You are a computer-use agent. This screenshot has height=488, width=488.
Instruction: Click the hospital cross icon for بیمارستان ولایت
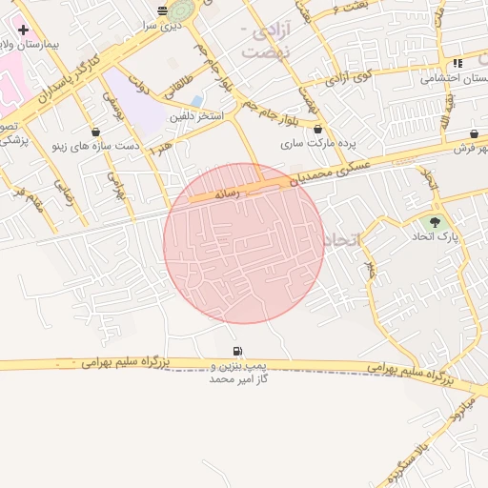(x=23, y=30)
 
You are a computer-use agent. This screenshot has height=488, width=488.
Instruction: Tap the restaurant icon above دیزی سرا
(x=161, y=10)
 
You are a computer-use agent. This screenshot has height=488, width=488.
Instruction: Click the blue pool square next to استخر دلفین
(x=197, y=100)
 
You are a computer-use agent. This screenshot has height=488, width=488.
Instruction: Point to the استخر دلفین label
(x=195, y=116)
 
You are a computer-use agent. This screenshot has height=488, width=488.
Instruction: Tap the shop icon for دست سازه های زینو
(x=95, y=132)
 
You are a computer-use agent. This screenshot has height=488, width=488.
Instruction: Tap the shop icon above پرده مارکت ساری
(x=317, y=129)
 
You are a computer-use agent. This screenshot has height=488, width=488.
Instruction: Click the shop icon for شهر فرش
(x=474, y=133)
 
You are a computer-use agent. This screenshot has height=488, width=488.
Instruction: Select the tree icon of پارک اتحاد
(x=436, y=222)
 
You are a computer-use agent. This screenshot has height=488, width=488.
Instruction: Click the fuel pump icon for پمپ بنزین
(x=236, y=351)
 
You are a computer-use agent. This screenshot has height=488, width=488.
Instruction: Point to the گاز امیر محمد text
(x=238, y=378)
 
